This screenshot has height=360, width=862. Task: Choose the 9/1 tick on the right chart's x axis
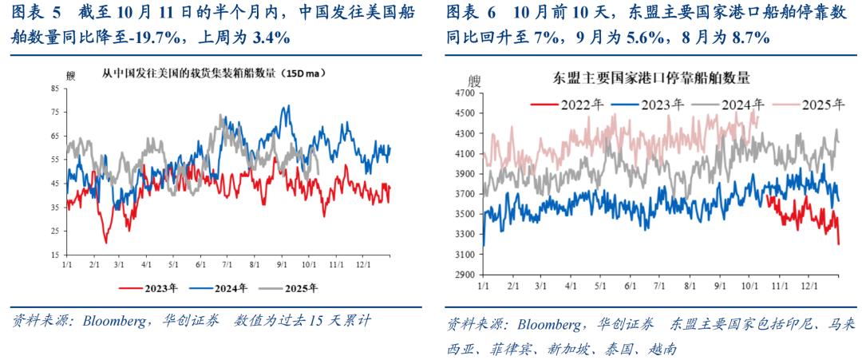tap(719, 284)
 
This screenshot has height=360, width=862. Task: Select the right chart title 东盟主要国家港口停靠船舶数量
tap(651, 77)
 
